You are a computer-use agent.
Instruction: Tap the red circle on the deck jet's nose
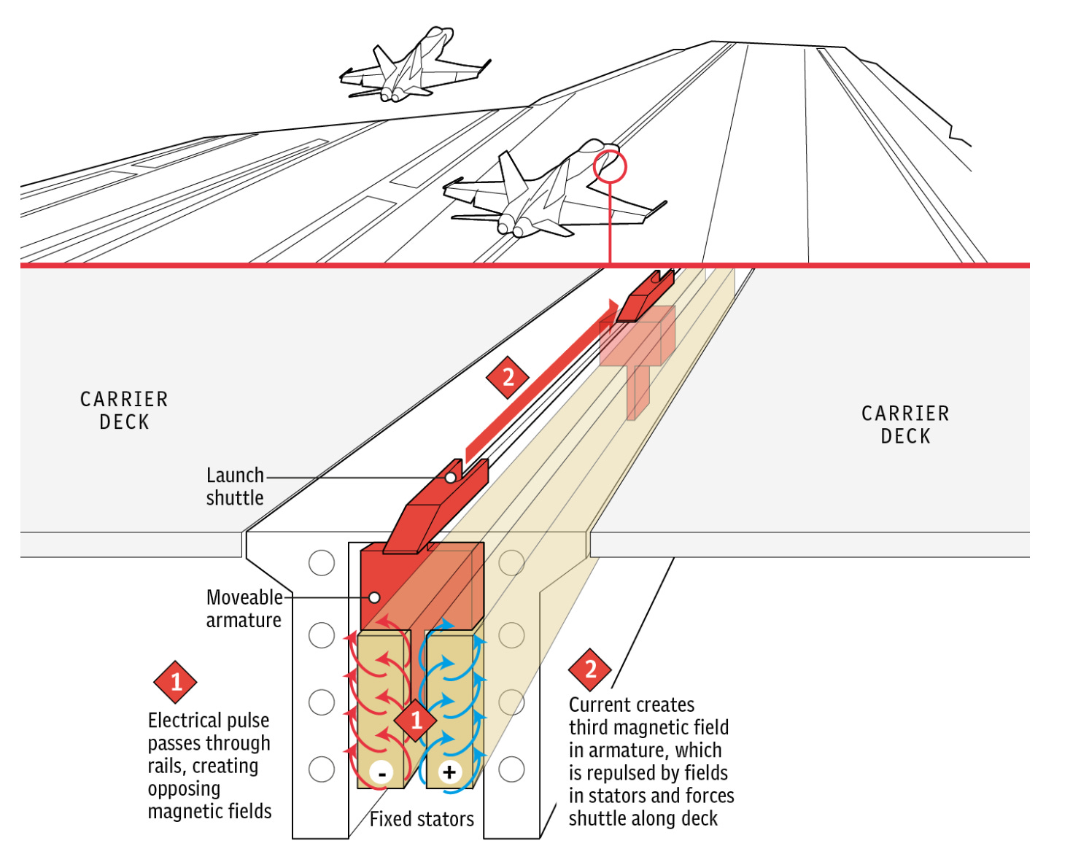coord(610,167)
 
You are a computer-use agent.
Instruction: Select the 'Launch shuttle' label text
coord(235,486)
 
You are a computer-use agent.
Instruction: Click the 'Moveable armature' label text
coord(244,608)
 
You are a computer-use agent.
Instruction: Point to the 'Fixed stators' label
coord(422,819)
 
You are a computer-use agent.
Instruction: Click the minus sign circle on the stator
coord(381,772)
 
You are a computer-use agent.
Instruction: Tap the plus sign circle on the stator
coord(449,772)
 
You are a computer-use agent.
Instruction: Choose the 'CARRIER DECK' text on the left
coord(124,411)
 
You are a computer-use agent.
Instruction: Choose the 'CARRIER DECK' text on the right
coord(905,425)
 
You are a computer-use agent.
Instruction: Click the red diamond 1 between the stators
coord(416,721)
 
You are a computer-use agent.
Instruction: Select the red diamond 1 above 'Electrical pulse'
coord(176,682)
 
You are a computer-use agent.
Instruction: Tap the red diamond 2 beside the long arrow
coord(508,377)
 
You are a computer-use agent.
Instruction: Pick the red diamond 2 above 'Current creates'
coord(590,669)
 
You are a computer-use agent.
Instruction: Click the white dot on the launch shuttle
coord(451,478)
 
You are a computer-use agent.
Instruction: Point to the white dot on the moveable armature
coord(374,597)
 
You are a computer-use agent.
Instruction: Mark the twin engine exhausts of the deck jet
coord(511,228)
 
